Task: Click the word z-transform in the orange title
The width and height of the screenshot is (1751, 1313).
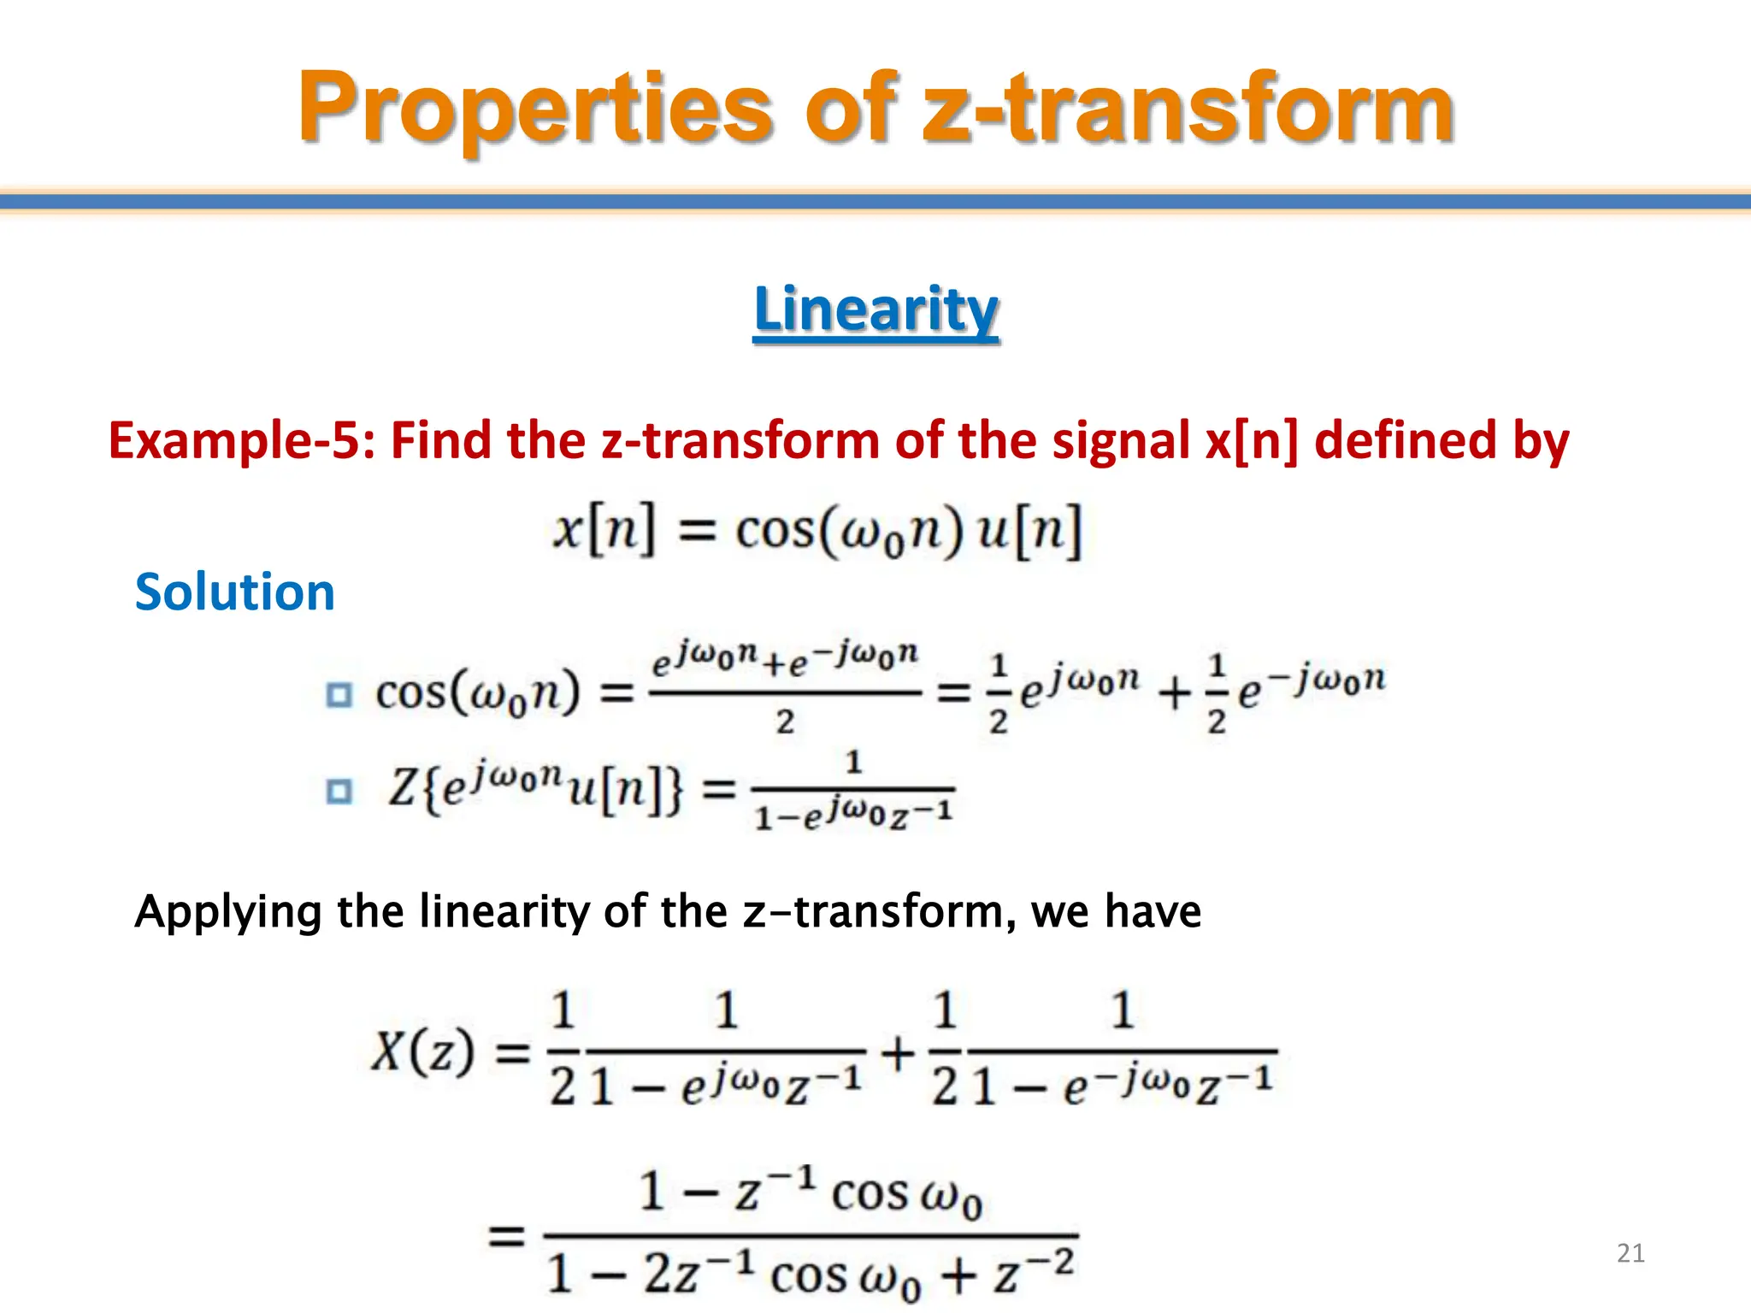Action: [1188, 109]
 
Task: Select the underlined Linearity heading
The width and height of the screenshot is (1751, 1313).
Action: [875, 309]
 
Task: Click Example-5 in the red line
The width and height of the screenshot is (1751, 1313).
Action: [241, 441]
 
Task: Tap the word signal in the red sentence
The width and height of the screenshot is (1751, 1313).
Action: [1120, 441]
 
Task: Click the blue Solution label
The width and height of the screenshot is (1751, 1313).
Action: [234, 592]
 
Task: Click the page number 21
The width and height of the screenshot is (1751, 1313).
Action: [1630, 1253]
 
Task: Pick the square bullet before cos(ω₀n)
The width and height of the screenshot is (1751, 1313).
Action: [339, 695]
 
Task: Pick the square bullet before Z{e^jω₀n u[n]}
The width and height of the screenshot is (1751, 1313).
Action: [339, 792]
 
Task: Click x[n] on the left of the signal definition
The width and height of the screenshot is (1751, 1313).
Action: [604, 530]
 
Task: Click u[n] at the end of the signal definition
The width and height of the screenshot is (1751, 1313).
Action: [1029, 530]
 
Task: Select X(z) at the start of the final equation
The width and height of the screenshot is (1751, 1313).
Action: [422, 1051]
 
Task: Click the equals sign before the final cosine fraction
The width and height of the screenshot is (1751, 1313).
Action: [506, 1236]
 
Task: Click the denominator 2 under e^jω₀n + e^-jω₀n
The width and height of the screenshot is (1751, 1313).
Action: [785, 722]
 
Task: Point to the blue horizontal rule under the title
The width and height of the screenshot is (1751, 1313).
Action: [875, 202]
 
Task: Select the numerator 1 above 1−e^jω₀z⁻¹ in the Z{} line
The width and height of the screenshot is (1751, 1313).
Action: [852, 762]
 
